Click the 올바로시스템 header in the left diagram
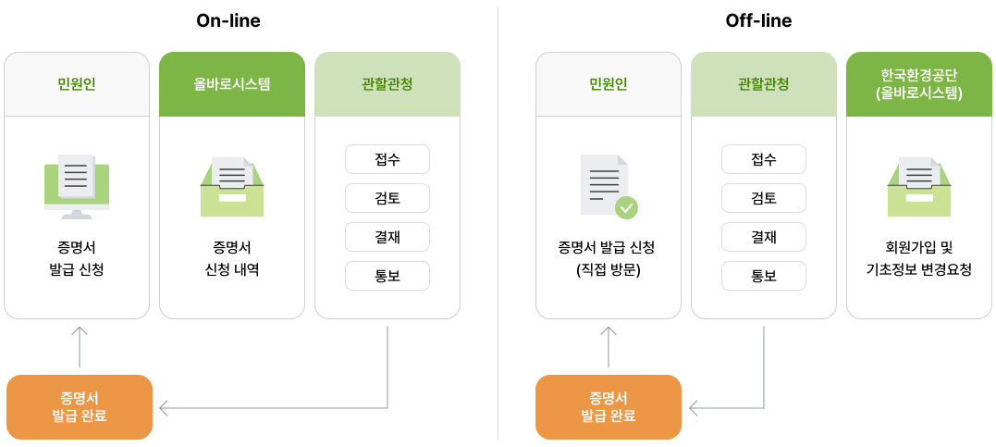[232, 84]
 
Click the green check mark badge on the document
[627, 207]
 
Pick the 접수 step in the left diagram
[387, 159]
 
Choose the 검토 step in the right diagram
[764, 198]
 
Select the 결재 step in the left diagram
[387, 237]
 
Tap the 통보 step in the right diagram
[764, 276]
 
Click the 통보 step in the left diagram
[387, 276]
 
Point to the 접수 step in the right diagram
[764, 159]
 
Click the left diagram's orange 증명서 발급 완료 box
[80, 407]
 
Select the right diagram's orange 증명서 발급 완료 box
[609, 407]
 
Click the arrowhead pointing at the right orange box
[695, 407]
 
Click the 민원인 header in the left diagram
[77, 84]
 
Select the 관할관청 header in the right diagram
[764, 84]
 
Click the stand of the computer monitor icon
[77, 215]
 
